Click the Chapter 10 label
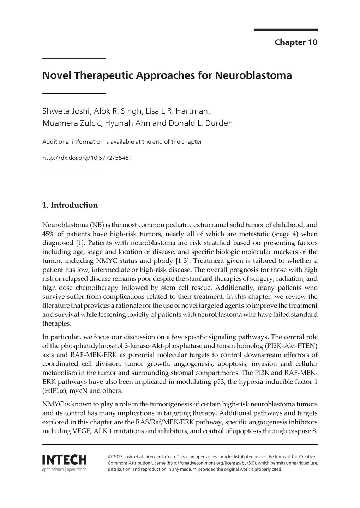[296, 42]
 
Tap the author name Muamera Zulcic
[67, 123]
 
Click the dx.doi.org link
[87, 158]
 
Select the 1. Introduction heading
[70, 205]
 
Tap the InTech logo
[64, 460]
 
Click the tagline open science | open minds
[64, 470]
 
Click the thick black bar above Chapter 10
[286, 30]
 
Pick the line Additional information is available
[122, 142]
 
